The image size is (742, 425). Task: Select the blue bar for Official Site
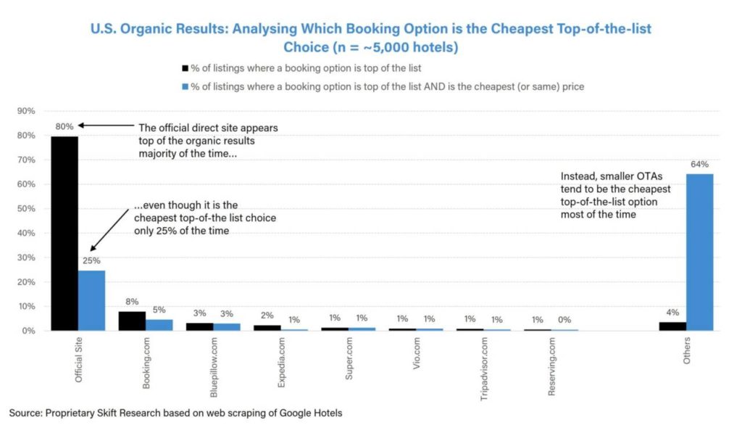(x=91, y=300)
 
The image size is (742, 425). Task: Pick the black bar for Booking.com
(x=132, y=321)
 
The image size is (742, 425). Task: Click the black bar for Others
(x=672, y=326)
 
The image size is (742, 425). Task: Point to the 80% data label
(x=64, y=127)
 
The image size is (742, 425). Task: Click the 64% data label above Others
(x=699, y=165)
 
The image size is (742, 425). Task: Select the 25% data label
(x=92, y=261)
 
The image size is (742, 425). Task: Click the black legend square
(x=184, y=68)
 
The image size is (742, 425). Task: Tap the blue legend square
(x=184, y=86)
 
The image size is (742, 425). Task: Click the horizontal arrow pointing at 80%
(x=105, y=125)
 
